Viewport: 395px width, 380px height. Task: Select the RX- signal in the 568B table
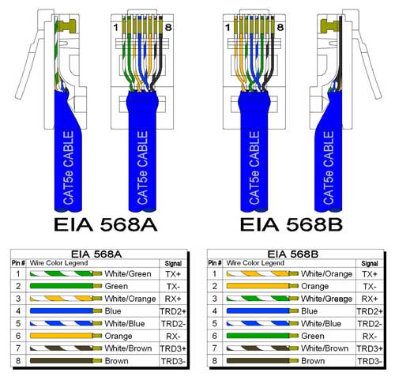coord(368,335)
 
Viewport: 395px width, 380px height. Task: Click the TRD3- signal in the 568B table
coord(368,361)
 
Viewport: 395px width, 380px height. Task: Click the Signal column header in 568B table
coord(368,262)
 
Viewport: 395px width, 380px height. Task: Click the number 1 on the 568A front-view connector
coord(115,28)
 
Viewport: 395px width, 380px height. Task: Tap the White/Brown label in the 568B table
coord(325,348)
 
